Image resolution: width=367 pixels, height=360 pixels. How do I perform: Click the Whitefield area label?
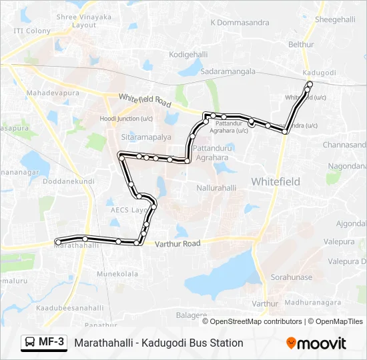point(276,181)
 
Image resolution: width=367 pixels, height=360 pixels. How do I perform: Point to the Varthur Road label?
point(177,244)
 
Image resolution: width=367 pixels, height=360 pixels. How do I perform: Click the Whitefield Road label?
point(145,101)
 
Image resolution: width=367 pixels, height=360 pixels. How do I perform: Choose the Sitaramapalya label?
point(145,136)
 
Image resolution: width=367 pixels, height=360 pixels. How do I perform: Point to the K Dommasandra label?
point(240,22)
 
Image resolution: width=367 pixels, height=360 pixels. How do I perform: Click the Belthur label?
point(300,44)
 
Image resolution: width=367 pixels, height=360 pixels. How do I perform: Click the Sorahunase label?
point(290,276)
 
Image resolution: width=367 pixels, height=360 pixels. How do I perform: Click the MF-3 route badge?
point(44,343)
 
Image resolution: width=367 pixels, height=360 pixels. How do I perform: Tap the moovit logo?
point(316,343)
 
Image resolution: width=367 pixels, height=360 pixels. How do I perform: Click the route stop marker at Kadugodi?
point(310,83)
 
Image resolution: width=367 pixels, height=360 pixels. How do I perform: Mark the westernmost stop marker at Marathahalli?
point(59,241)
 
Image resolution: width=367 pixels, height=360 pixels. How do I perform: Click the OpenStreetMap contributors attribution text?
point(256,321)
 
